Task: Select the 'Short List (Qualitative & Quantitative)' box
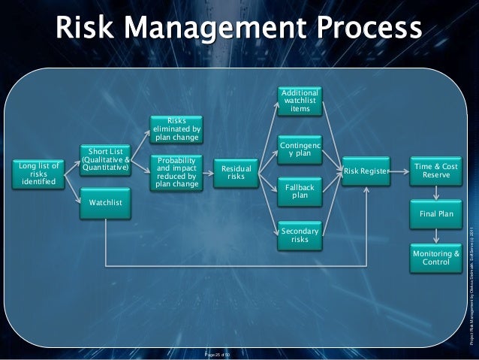coord(106,159)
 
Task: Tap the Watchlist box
coord(106,203)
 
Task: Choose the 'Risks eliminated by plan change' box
coord(176,129)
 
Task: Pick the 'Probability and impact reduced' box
coord(176,172)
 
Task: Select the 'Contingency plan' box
coord(300,150)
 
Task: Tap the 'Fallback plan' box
coord(300,191)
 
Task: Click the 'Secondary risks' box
coord(300,234)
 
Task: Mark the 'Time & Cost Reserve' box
coord(436,171)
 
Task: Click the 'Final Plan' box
coord(436,215)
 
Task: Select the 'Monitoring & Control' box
coord(436,258)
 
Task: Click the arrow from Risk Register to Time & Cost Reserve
coord(401,172)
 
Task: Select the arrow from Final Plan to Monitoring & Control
coord(436,235)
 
